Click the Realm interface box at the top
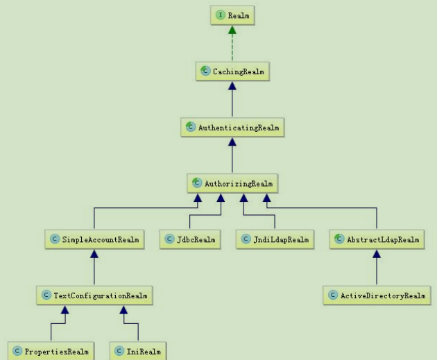[232, 13]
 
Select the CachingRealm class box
[232, 71]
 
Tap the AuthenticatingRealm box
[232, 128]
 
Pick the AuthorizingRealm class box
[232, 184]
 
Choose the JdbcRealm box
[190, 240]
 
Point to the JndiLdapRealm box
[274, 240]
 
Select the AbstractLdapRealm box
[376, 240]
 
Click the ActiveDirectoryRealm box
[376, 296]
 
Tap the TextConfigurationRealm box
[94, 296]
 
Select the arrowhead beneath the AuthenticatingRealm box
[232, 142]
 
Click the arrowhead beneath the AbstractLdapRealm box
[376, 255]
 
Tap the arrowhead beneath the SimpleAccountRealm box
[94, 255]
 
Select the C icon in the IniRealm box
[119, 352]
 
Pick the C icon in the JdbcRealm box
[170, 240]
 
